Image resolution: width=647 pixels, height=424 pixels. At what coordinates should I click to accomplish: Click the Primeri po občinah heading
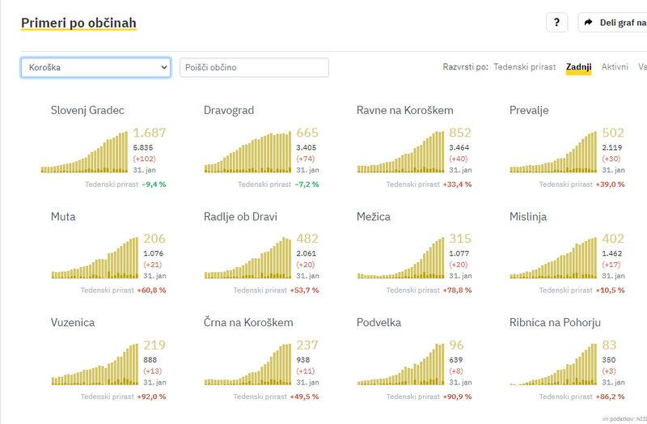coord(78,22)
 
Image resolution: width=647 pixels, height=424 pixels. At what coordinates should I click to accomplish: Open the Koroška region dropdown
coord(95,67)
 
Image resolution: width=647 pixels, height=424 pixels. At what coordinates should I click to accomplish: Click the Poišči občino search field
coord(254,67)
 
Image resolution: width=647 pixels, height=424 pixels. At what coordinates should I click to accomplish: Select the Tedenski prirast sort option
coord(524,67)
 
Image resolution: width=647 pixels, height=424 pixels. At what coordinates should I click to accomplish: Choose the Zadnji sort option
coord(579,67)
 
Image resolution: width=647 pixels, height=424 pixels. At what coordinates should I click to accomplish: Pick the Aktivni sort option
coord(615,67)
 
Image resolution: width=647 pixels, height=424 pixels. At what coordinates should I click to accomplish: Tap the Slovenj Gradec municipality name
coord(87,110)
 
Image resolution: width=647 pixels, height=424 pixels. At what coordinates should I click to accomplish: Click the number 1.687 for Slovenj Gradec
coord(150,133)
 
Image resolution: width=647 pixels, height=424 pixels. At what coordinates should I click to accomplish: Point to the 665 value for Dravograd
coord(307,133)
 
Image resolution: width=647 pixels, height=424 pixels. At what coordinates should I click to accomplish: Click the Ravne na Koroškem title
coord(404,110)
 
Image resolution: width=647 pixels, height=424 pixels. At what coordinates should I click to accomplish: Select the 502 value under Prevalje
coord(613,133)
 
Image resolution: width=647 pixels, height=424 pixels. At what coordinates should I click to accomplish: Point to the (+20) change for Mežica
coord(459,265)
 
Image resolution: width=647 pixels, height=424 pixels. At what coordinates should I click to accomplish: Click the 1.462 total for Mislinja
coord(612,253)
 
